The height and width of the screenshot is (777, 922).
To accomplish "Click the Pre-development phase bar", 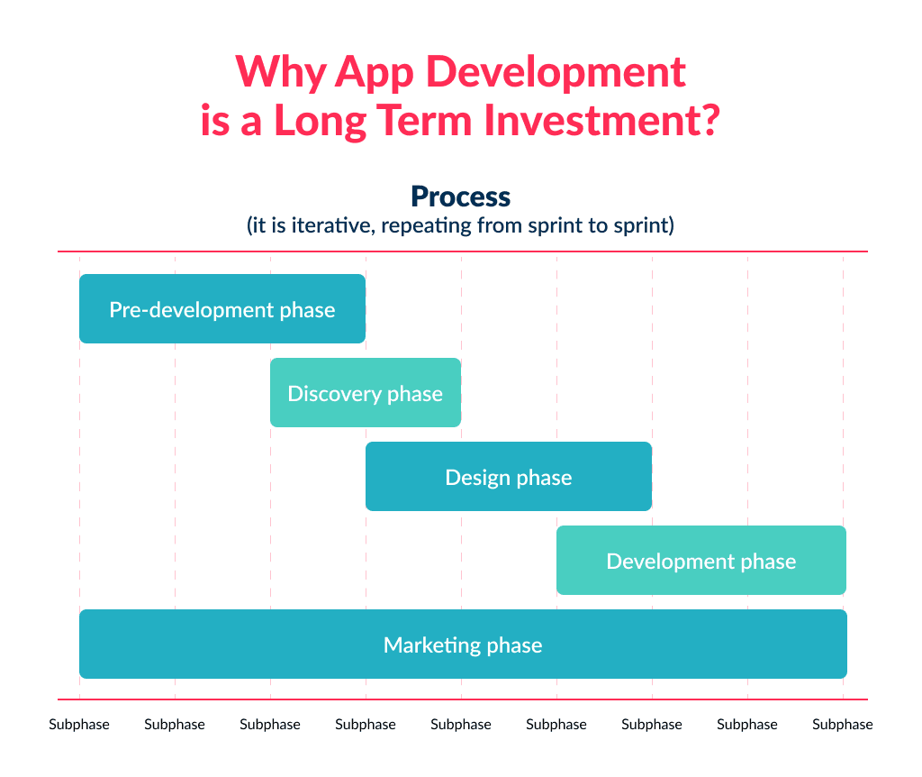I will point(221,309).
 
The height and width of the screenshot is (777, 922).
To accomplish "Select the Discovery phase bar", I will point(366,393).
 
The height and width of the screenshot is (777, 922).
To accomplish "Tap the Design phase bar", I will point(508,477).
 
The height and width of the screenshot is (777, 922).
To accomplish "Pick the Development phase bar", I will point(701,561).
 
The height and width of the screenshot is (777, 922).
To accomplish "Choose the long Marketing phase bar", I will point(463,644).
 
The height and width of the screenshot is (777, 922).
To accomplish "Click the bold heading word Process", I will point(460,197).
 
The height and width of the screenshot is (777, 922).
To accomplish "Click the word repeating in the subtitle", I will point(423,225).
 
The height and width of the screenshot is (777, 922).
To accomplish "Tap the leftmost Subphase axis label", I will point(79,724).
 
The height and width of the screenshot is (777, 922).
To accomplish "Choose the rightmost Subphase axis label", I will point(843,724).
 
